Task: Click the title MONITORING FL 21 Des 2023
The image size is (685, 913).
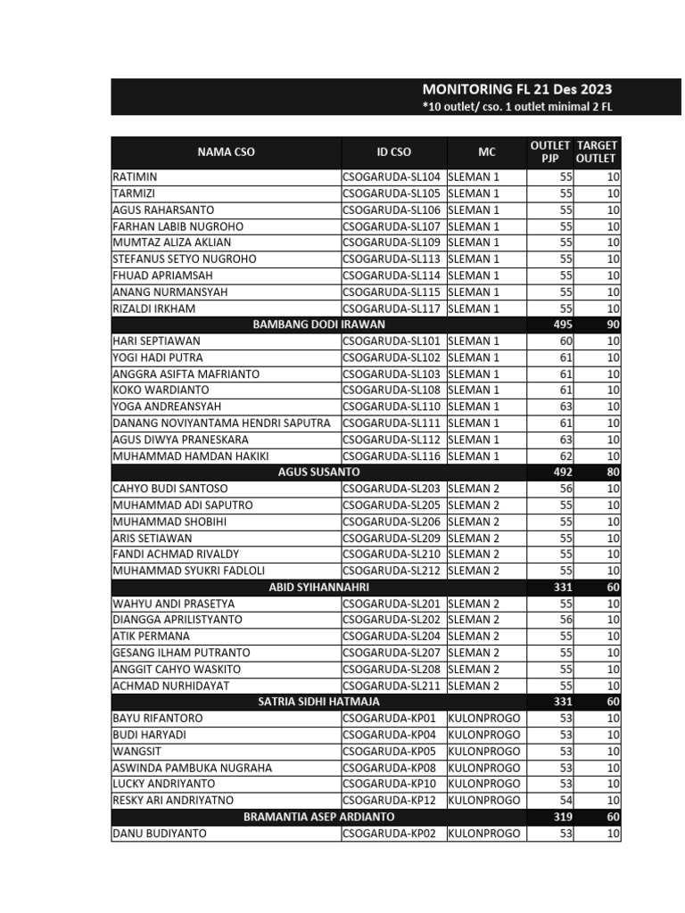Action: tap(516, 89)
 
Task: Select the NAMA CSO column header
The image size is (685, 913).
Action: tap(226, 152)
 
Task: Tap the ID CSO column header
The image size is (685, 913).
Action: tap(393, 152)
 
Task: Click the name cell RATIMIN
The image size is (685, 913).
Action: tap(135, 177)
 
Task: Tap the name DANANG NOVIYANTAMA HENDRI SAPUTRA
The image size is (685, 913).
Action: tap(221, 424)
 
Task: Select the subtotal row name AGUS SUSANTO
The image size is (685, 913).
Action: tap(318, 472)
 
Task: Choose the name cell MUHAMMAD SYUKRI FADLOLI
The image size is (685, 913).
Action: tap(188, 571)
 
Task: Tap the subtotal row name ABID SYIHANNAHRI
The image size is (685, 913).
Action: tap(318, 588)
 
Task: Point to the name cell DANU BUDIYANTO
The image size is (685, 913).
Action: tap(159, 834)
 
